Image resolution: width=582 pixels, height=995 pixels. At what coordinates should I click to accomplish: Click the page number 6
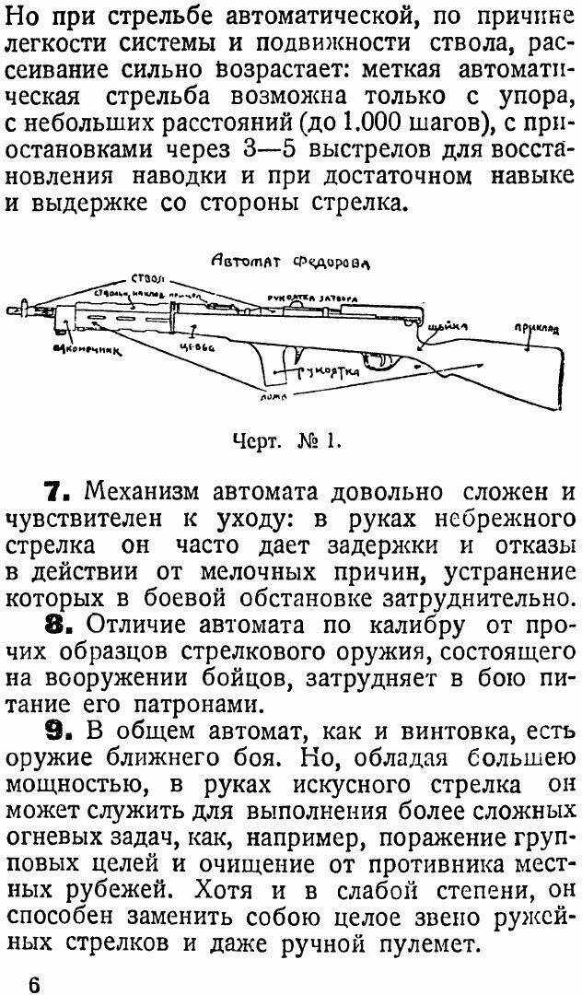pyautogui.click(x=34, y=982)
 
